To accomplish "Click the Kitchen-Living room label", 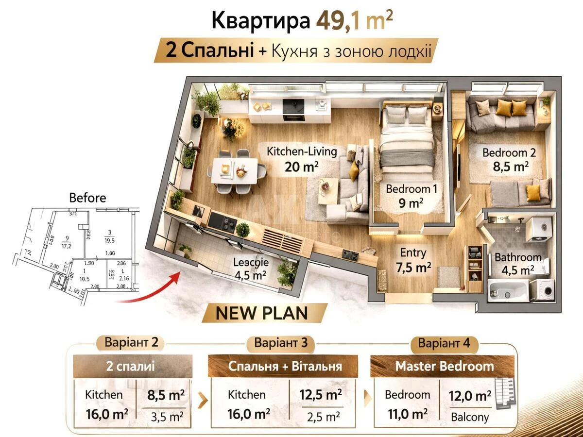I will (301, 151).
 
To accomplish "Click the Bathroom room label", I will (518, 257).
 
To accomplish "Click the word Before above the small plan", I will (87, 198).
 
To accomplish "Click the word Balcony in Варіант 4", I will (469, 417).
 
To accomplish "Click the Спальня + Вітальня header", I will (285, 366).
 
